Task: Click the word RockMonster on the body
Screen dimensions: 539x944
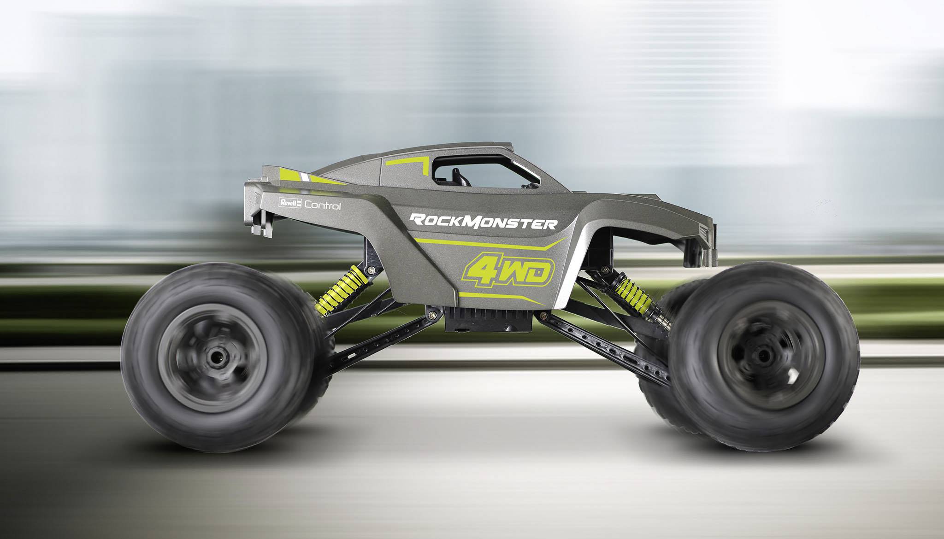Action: (484, 222)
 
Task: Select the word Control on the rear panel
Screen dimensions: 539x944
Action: (323, 206)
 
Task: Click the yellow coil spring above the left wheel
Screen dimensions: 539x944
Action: (343, 287)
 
